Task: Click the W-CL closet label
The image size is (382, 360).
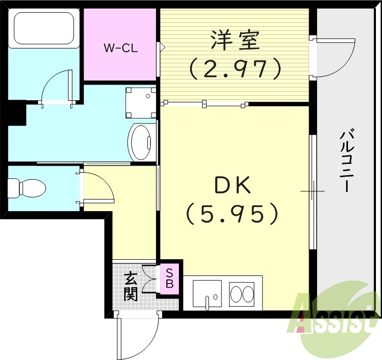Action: click(x=121, y=49)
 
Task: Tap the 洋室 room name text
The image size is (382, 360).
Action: click(x=235, y=40)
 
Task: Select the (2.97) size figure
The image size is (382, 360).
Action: click(x=235, y=68)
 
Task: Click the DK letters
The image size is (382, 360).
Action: click(x=233, y=187)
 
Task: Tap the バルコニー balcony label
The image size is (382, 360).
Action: click(x=347, y=161)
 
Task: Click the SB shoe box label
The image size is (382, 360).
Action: click(x=169, y=279)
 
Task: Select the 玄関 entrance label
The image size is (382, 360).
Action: click(x=131, y=286)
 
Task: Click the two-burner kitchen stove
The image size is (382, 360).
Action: click(x=242, y=294)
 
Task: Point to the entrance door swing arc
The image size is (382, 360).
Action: click(x=137, y=337)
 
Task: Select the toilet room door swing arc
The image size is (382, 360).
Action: click(x=98, y=186)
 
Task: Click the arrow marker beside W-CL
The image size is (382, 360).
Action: click(x=162, y=48)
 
